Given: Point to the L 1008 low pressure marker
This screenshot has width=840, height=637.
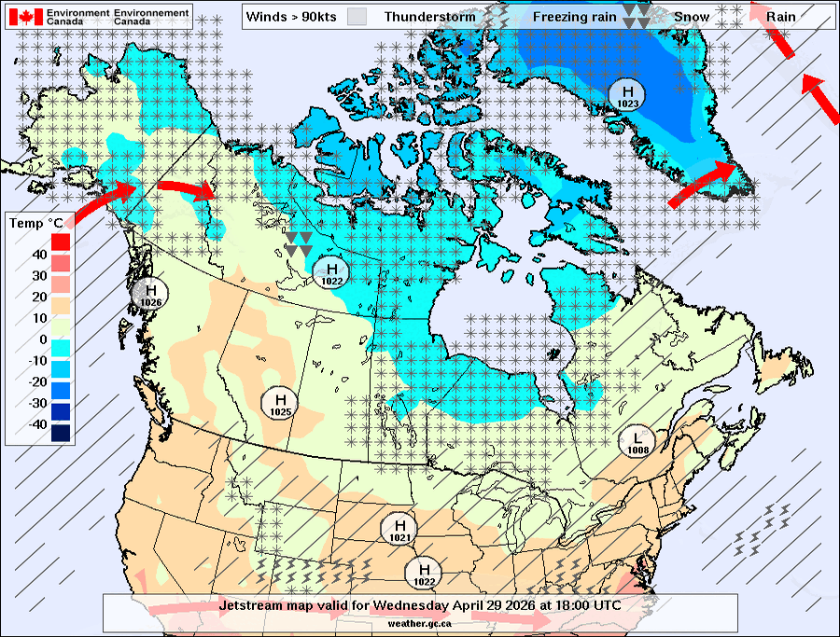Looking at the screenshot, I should (x=637, y=440).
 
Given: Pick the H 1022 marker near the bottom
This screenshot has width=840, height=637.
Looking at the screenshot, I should (x=425, y=572).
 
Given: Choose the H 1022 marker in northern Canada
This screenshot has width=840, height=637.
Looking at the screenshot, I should (x=331, y=272).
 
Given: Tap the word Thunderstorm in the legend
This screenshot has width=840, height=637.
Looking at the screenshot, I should (x=429, y=17).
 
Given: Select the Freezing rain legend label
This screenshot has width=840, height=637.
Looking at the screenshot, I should (x=575, y=17).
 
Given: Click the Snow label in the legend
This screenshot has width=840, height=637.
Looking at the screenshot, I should (x=692, y=17).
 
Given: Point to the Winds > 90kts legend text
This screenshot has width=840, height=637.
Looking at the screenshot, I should (x=291, y=17).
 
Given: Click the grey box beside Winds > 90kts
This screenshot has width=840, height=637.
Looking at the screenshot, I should (x=357, y=17).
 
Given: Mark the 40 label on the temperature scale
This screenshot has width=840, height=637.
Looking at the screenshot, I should (x=40, y=255).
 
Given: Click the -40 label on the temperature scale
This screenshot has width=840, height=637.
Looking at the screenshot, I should (x=36, y=424).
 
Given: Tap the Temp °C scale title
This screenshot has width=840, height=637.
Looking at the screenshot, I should (x=35, y=223).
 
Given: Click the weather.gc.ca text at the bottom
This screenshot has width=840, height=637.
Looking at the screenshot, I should (x=420, y=621).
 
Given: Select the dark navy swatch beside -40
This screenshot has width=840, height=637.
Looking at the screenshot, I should (x=61, y=432).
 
